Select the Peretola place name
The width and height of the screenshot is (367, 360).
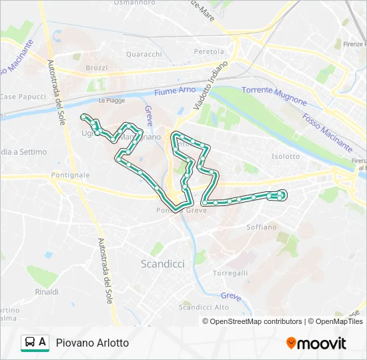pyautogui.click(x=209, y=51)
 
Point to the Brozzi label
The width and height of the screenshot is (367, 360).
pyautogui.click(x=97, y=68)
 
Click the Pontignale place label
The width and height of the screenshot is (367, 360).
pyautogui.click(x=69, y=175)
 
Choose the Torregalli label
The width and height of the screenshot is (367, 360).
pyautogui.click(x=230, y=273)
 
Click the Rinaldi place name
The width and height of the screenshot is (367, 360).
pyautogui.click(x=47, y=292)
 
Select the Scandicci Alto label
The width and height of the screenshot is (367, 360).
pyautogui.click(x=204, y=307)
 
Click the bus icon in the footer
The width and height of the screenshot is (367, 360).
pyautogui.click(x=30, y=343)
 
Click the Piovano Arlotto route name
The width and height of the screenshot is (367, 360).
pyautogui.click(x=93, y=343)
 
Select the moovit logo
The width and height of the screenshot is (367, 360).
pyautogui.click(x=316, y=343)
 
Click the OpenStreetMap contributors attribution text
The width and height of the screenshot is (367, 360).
pyautogui.click(x=254, y=321)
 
